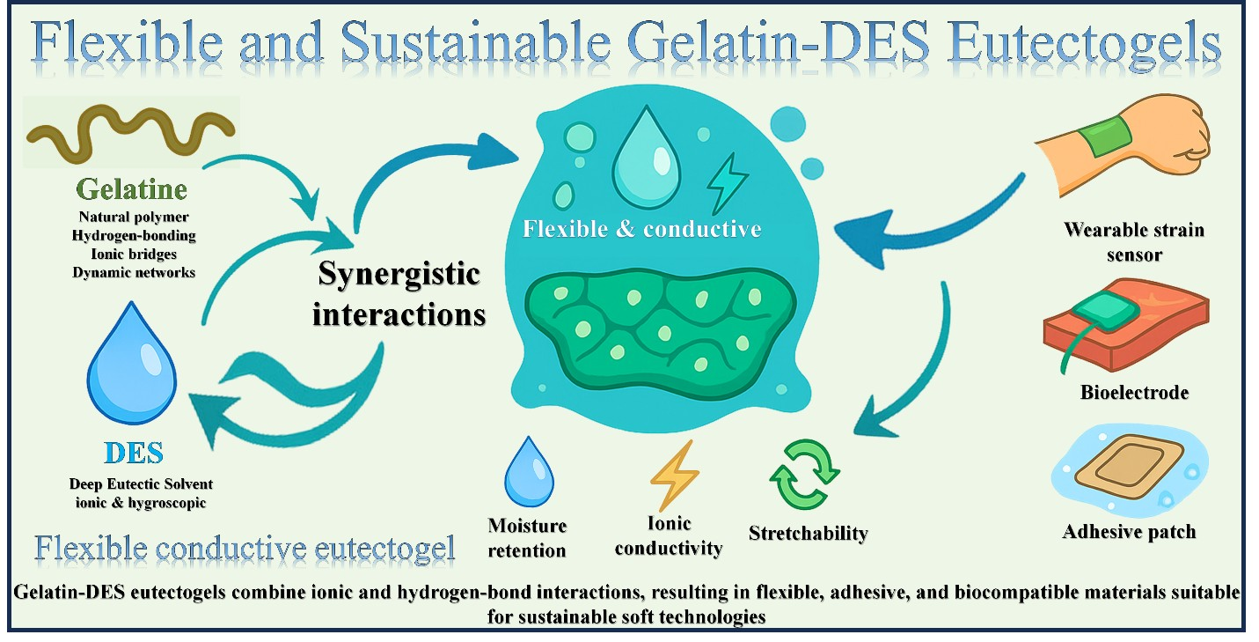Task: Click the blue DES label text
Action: (133, 453)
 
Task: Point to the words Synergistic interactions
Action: (398, 294)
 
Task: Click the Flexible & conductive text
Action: (641, 230)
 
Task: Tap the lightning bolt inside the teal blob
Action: (728, 181)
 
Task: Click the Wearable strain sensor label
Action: (1134, 242)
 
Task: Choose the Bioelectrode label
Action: (1134, 393)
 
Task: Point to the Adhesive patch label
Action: (1129, 532)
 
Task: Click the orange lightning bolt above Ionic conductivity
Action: (674, 476)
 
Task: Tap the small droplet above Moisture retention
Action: (527, 472)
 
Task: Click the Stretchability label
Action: (808, 533)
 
